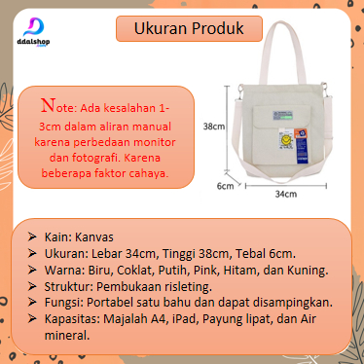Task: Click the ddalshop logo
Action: click(x=33, y=32)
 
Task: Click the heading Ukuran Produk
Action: click(x=189, y=28)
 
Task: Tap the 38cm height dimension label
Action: click(x=214, y=127)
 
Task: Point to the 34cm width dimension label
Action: click(x=286, y=194)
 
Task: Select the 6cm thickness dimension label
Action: click(x=225, y=186)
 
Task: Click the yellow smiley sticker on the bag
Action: click(x=285, y=140)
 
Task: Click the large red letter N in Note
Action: click(x=49, y=105)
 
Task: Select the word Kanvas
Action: click(x=94, y=237)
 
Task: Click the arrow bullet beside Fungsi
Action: click(x=32, y=302)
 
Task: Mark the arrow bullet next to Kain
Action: click(x=32, y=237)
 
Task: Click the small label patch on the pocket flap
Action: click(x=282, y=116)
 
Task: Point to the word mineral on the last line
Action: click(x=67, y=336)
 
